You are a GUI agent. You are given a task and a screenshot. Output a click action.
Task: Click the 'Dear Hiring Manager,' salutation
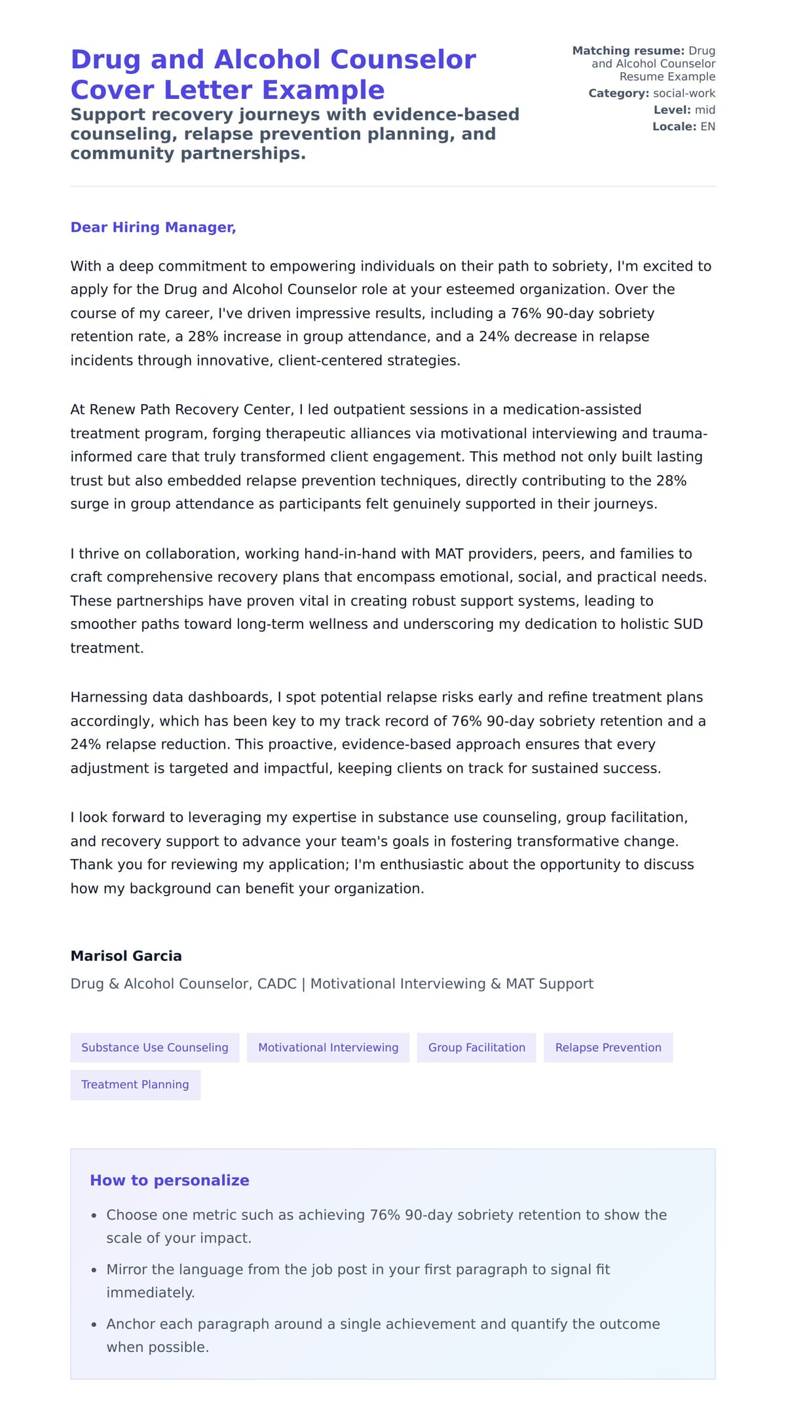point(153,227)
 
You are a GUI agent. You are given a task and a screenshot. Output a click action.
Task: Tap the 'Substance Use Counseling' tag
point(155,1047)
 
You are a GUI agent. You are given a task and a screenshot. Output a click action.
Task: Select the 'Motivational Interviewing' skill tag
point(328,1047)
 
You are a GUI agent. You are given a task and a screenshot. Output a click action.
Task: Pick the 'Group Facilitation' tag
point(476,1047)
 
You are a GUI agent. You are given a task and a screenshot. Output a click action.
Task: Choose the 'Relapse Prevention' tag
point(608,1047)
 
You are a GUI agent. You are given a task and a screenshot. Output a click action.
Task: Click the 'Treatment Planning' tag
point(135,1085)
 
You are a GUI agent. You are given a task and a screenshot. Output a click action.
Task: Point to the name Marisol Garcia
point(126,956)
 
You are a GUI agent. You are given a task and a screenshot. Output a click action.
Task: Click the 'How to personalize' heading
point(169,1180)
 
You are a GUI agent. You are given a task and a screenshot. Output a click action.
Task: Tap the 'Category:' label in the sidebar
point(618,94)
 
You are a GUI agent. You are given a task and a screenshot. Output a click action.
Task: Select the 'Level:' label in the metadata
point(671,110)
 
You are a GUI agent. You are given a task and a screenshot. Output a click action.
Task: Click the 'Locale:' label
point(674,126)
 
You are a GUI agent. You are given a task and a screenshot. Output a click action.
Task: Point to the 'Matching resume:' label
point(627,51)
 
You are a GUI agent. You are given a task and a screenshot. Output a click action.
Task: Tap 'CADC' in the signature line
point(276,984)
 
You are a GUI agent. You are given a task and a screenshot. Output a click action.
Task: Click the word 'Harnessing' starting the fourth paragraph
point(105,698)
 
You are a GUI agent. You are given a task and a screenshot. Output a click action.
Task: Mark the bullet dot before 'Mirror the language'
point(94,1270)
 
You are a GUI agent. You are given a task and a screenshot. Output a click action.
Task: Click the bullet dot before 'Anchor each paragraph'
point(94,1324)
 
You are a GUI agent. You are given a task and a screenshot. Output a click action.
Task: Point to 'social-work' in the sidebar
point(684,94)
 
